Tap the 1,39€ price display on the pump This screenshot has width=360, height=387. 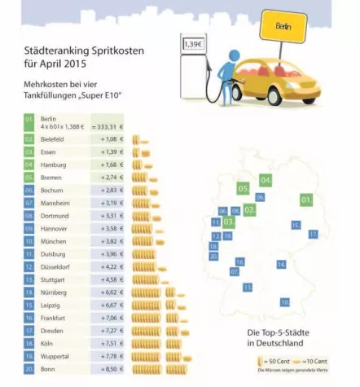192,44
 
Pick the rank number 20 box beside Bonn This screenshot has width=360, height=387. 29,369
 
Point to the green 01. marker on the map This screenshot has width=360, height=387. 306,199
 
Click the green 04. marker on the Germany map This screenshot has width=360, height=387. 266,179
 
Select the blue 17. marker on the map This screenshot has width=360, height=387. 313,234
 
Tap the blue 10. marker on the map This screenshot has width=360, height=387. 285,301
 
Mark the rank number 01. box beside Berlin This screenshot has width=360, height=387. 29,122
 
